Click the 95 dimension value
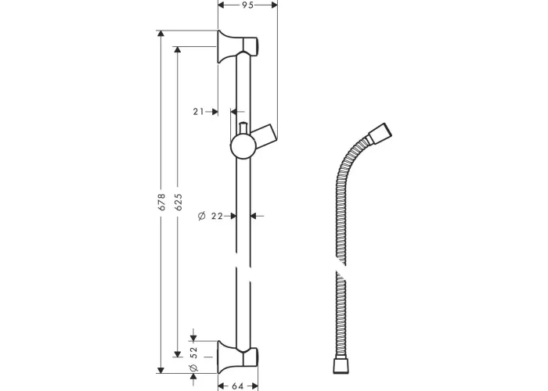(x=247, y=5)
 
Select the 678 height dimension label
(x=161, y=202)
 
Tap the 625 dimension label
(x=178, y=202)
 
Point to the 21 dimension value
(x=198, y=112)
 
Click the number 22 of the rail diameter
(x=217, y=216)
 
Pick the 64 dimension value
(x=237, y=386)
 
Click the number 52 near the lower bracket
(x=194, y=352)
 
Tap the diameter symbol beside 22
(x=202, y=216)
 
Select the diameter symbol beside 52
(x=193, y=368)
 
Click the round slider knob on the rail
(x=242, y=147)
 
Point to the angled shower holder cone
(x=265, y=134)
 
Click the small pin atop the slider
(x=243, y=127)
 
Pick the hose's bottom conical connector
(x=341, y=365)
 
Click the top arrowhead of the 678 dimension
(x=160, y=33)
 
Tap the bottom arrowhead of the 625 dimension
(x=178, y=354)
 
